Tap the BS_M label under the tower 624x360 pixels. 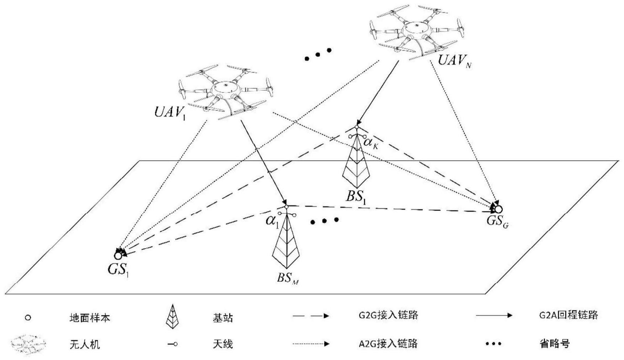(x=288, y=278)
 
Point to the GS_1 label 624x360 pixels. (x=118, y=270)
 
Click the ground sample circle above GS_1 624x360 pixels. (x=118, y=255)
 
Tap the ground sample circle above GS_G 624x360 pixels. (x=498, y=209)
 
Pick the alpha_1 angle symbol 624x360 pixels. (x=272, y=221)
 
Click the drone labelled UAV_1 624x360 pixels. (x=225, y=91)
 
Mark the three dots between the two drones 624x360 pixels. (x=318, y=54)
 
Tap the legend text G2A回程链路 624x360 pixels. (x=569, y=315)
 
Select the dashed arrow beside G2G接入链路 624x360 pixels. (x=311, y=316)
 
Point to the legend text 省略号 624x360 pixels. (x=555, y=344)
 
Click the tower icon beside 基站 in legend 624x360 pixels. (x=172, y=316)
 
